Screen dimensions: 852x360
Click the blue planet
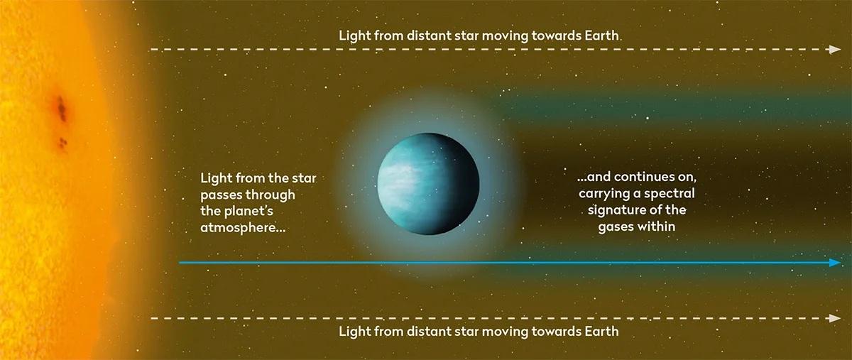[x=428, y=183]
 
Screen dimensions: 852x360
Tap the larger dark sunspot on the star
[x=61, y=109]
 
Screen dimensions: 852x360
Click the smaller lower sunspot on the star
[x=62, y=143]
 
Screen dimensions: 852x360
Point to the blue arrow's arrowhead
[x=835, y=263]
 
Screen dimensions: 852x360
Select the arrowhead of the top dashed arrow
[x=835, y=50]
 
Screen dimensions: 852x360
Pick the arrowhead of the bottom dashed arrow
[x=835, y=318]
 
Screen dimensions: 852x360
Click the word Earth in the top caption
[x=602, y=36]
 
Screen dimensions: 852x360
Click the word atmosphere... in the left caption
[x=243, y=228]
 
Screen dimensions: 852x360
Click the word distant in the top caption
[x=430, y=36]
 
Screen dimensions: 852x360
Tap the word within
[x=656, y=227]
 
